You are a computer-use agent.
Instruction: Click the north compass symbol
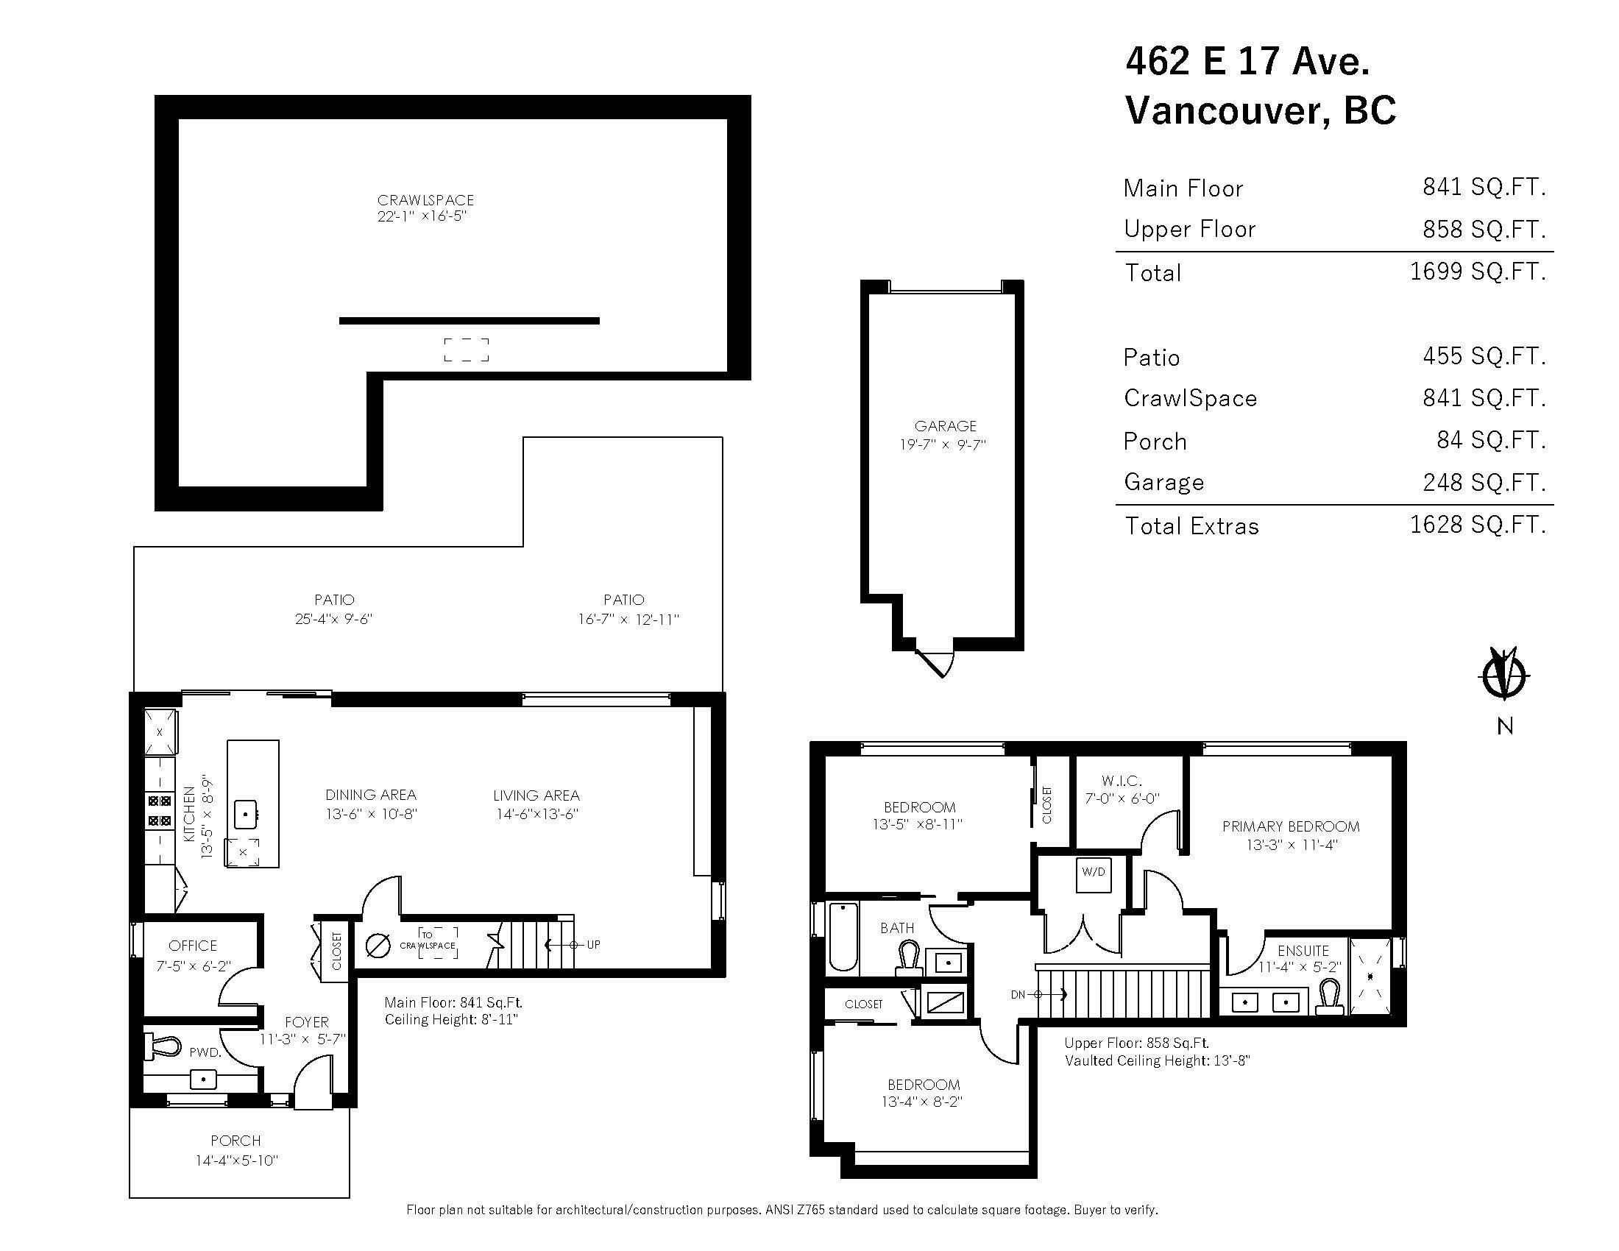coord(1504,674)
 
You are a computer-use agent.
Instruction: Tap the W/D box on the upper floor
coord(1094,872)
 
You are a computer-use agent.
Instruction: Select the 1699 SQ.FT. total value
coord(1478,272)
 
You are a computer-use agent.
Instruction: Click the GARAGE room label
coord(945,426)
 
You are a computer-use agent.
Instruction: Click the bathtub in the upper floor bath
coord(843,936)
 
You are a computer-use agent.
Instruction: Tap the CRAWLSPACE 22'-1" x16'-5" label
coord(425,208)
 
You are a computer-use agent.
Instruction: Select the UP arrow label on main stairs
coord(593,945)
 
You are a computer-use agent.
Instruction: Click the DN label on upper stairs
coord(1018,995)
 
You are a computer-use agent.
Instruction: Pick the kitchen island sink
coord(245,814)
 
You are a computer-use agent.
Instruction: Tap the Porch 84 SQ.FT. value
coord(1491,440)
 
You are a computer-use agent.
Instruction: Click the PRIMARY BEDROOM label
coord(1291,826)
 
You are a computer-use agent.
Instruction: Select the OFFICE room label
coord(193,946)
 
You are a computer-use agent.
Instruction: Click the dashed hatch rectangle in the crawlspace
coord(467,350)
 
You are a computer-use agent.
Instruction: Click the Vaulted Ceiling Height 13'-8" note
coord(1157,1060)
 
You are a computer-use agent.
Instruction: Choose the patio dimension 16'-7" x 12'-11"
coord(628,620)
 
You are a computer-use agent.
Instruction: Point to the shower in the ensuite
coord(1370,977)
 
